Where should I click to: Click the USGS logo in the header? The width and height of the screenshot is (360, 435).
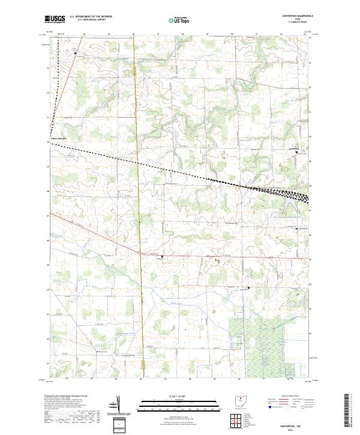pyautogui.click(x=55, y=19)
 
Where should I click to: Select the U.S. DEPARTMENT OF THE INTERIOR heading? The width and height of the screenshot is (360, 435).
pyautogui.click(x=91, y=17)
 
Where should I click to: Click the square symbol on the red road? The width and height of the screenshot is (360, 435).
pyautogui.click(x=161, y=257)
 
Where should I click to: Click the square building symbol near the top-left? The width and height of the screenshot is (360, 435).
pyautogui.click(x=76, y=53)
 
